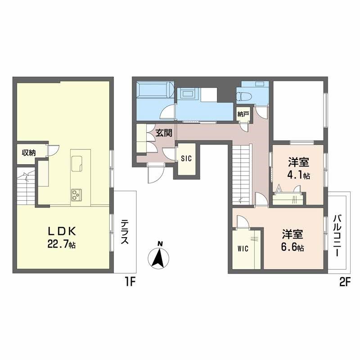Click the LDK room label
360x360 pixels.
64,231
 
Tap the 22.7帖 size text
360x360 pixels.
64,245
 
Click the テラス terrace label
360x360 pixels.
125,231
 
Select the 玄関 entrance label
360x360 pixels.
163,133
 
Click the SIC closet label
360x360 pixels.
186,158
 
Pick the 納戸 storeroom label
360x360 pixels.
243,114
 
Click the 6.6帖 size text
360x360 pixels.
292,248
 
